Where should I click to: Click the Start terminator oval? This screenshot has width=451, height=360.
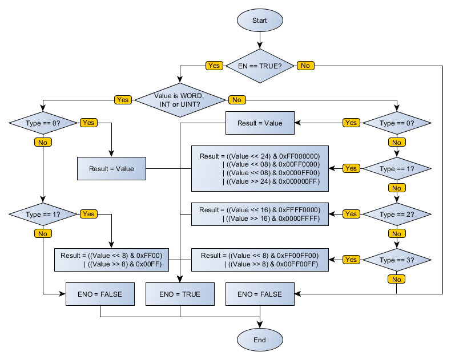(x=260, y=21)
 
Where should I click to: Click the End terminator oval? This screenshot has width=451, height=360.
(x=260, y=340)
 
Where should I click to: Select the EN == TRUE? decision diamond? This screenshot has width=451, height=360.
(x=260, y=66)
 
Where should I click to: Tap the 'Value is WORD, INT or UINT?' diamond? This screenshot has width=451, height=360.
(x=180, y=100)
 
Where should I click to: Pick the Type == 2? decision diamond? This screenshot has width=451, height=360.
(x=397, y=214)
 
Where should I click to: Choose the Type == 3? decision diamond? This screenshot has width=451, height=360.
(x=397, y=260)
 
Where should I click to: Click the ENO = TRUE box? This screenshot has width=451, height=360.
(x=180, y=294)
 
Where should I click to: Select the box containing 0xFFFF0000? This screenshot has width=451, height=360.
(x=260, y=214)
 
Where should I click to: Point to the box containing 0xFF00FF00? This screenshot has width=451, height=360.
(x=260, y=260)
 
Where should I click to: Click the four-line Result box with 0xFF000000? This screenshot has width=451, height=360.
(x=260, y=168)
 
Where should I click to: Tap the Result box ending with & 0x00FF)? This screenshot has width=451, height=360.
(x=111, y=260)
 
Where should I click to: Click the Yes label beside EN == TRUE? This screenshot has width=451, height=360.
(x=214, y=66)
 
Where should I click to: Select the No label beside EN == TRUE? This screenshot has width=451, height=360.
(x=305, y=66)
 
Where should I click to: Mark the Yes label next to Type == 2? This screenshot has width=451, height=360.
(x=351, y=214)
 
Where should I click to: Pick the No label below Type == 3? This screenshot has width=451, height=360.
(x=397, y=279)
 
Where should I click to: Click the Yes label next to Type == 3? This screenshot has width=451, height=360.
(x=351, y=260)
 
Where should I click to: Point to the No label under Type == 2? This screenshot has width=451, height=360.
(x=397, y=233)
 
